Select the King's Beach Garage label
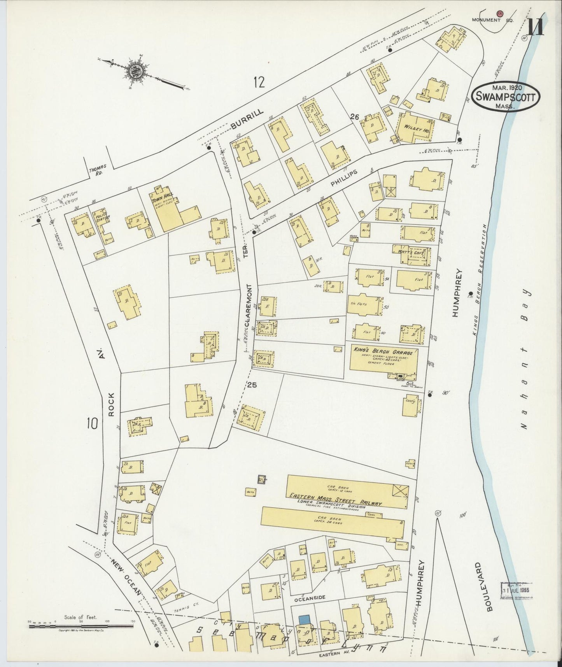pos(384,351)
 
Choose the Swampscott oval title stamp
pos(505,96)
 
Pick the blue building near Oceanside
pos(305,619)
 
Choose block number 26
pos(354,117)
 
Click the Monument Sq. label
pos(492,20)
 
